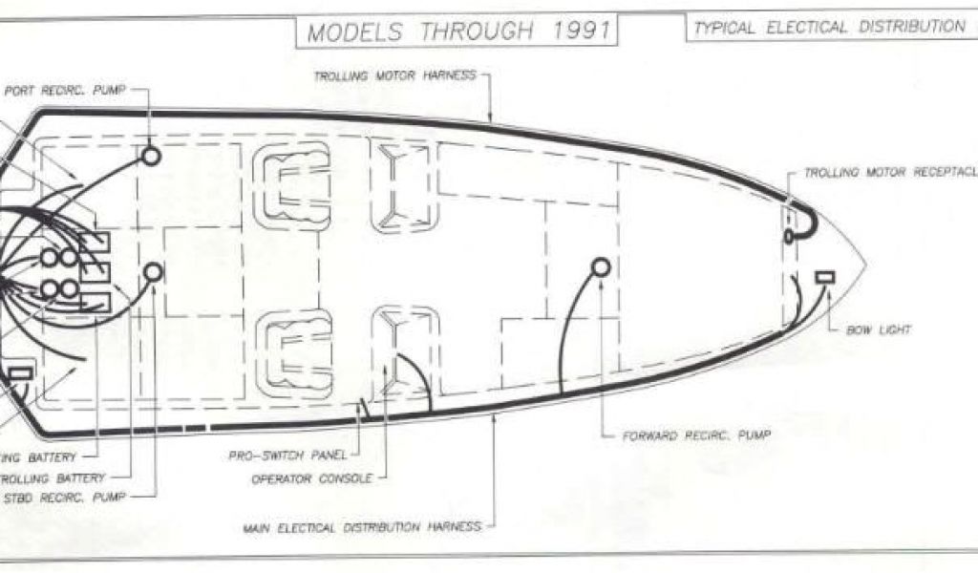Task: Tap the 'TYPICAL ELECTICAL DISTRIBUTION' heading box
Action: (829, 28)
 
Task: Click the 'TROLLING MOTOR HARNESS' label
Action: (395, 74)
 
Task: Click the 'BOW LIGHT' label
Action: (878, 329)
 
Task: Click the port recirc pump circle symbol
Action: (150, 156)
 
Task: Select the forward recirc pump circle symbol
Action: (601, 267)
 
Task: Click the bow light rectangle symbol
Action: (824, 277)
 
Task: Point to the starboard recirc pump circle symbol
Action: (152, 273)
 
